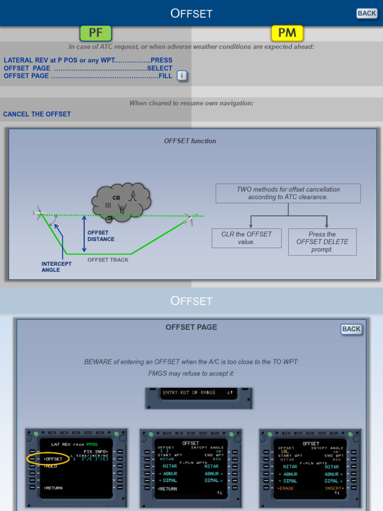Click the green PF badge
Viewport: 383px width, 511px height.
click(x=95, y=33)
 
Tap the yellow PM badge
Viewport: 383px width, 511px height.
click(x=287, y=33)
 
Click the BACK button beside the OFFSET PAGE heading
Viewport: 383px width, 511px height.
click(x=351, y=329)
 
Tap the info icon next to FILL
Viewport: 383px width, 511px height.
click(x=182, y=76)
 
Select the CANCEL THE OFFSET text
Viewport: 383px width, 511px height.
click(x=37, y=114)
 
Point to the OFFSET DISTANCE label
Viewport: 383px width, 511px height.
click(x=101, y=236)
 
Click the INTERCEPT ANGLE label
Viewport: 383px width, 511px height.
click(x=56, y=267)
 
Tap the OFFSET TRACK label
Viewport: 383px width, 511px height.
click(x=108, y=260)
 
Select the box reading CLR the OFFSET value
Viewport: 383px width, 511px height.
click(x=246, y=238)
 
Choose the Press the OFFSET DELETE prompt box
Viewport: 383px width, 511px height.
click(x=322, y=242)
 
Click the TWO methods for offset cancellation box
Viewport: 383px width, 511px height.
click(x=288, y=193)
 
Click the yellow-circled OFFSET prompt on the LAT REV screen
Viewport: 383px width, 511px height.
click(x=52, y=459)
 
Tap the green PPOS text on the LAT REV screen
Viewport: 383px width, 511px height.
click(x=92, y=444)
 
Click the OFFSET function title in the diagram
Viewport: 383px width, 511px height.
click(x=190, y=141)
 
